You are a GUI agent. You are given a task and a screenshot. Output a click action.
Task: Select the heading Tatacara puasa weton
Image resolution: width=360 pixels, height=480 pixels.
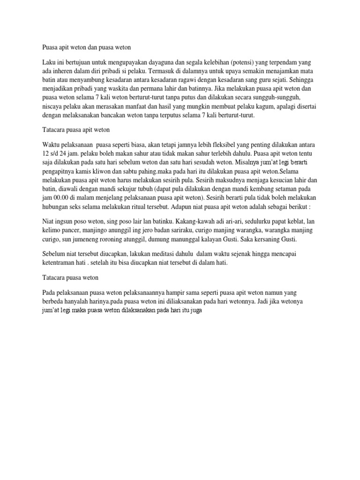click(69, 278)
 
